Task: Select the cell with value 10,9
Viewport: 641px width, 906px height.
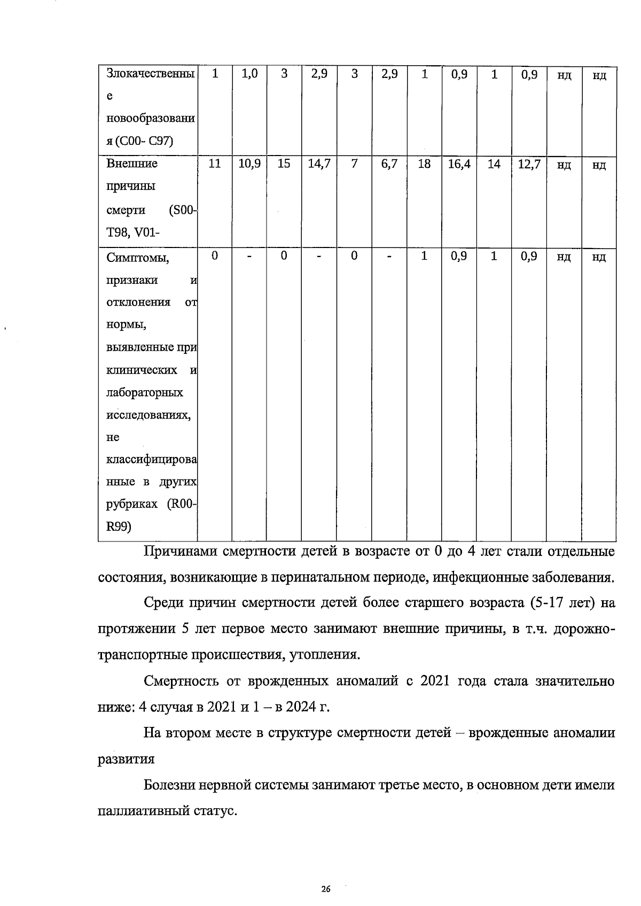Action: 249,164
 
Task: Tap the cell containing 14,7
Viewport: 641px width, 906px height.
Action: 319,164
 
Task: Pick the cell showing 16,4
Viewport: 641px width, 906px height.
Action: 459,164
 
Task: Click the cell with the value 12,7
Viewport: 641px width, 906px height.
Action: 529,164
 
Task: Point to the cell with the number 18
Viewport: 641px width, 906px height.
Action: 424,164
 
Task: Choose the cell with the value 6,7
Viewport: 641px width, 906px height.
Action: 389,164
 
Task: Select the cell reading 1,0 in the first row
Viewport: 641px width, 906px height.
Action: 249,74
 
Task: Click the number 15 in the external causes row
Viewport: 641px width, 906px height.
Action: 284,164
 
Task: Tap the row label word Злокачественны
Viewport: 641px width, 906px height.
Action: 150,74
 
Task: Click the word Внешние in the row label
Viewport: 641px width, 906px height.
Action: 132,164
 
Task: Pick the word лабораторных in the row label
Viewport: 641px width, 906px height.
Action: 145,393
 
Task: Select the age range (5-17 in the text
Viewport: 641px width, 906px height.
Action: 549,603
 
